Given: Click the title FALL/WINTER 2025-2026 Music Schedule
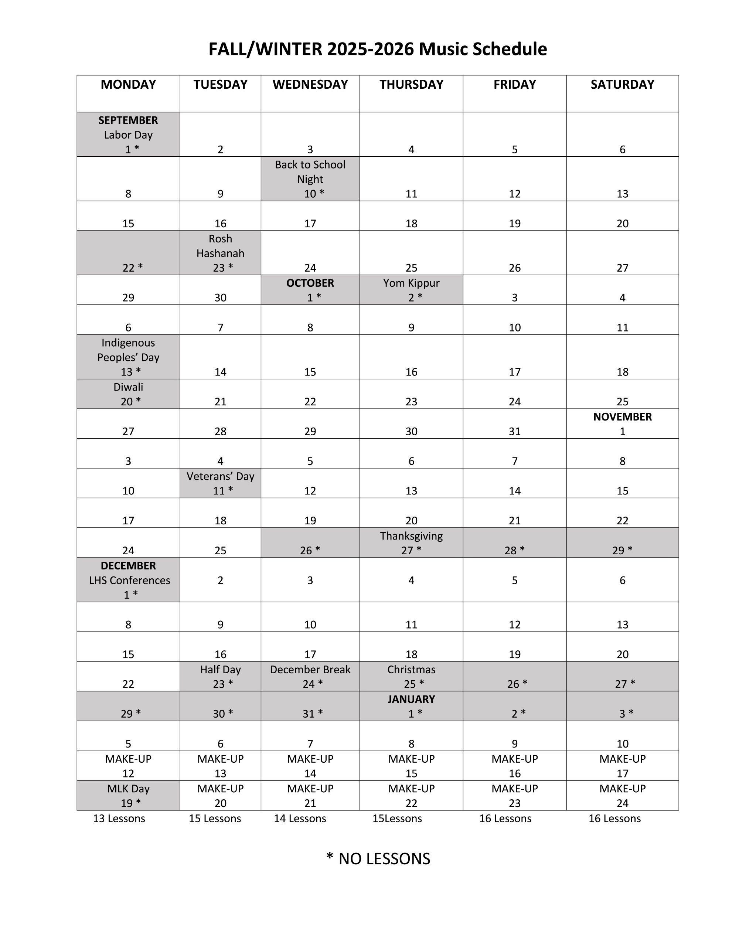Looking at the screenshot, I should pos(377,49).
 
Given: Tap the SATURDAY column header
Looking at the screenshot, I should pos(622,84).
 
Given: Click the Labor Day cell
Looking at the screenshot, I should pos(128,135).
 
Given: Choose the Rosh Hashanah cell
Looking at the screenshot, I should pos(220,253).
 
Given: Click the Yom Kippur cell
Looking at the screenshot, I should pos(411,290).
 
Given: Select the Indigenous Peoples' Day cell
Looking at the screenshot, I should pos(128,357).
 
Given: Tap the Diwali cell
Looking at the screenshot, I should pos(128,394).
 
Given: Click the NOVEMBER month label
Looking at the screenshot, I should pos(622,417).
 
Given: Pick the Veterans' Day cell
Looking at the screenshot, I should pos(220,483).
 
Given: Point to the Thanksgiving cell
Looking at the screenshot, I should pos(411,542).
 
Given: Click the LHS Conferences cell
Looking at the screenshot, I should pos(128,580).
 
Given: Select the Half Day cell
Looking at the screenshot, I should pos(220,676).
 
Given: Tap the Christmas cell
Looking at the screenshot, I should pos(411,676).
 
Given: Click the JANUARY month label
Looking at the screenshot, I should pos(411,700).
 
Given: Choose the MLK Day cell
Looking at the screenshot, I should pos(128,795).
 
